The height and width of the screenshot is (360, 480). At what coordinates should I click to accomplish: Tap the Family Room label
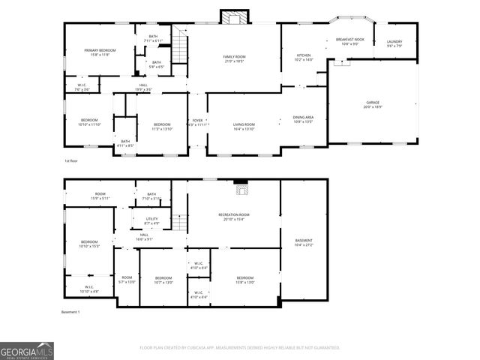pyautogui.click(x=234, y=58)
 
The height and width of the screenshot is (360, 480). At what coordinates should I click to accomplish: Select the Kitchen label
pyautogui.click(x=304, y=57)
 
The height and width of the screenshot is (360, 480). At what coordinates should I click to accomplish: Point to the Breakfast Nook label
pyautogui.click(x=349, y=41)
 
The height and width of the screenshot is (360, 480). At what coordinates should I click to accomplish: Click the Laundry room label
pyautogui.click(x=394, y=44)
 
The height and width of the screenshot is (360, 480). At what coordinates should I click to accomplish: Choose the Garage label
pyautogui.click(x=373, y=104)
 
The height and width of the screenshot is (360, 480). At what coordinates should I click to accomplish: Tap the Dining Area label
pyautogui.click(x=303, y=119)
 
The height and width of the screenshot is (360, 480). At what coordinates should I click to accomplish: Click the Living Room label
pyautogui.click(x=244, y=127)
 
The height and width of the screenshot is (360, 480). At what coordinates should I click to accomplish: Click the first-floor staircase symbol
pyautogui.click(x=180, y=49)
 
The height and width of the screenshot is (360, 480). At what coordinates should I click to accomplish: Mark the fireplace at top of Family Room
pyautogui.click(x=233, y=17)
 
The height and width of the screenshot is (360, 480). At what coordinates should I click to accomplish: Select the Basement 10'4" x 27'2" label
pyautogui.click(x=304, y=242)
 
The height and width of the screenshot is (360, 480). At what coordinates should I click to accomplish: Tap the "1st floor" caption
pyautogui.click(x=70, y=160)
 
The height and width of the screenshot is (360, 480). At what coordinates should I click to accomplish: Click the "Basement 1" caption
pyautogui.click(x=70, y=311)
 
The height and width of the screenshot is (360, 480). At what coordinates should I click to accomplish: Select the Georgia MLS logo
pyautogui.click(x=27, y=350)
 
